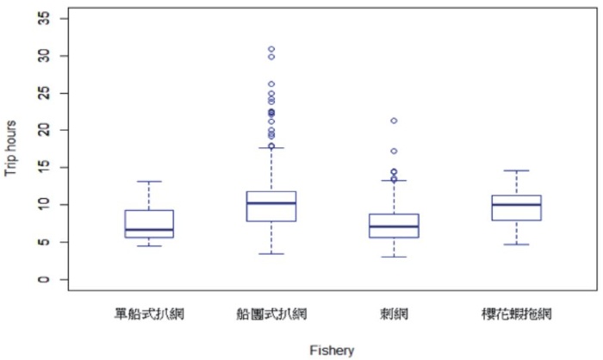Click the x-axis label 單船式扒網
149,315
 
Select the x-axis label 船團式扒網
271,315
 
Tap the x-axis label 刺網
394,315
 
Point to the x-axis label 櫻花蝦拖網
516,315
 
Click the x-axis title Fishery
332,350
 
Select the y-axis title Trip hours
12,149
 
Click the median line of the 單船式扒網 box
149,230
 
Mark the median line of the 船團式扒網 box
271,203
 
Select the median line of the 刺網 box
394,227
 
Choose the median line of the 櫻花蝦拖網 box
516,204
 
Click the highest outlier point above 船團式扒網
271,49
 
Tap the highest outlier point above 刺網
394,121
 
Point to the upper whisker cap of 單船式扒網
149,182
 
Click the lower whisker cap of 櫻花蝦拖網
516,245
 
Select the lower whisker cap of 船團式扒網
271,254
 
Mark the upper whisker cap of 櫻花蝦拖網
516,171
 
